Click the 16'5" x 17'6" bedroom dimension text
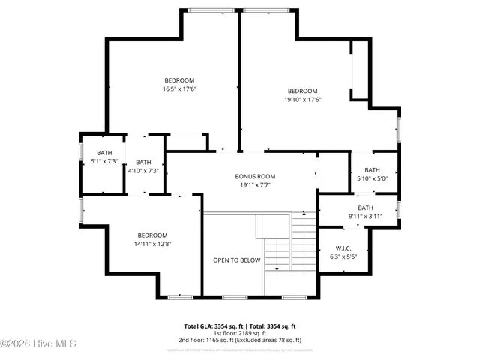coord(179,88)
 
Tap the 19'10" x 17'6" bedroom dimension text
coord(302,99)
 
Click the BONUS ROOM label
coord(255,176)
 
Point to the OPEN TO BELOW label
coord(236,259)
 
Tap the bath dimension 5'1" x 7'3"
coord(103,160)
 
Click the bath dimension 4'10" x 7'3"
coord(142,170)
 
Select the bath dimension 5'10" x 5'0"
coord(372,178)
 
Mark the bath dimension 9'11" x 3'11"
coord(365,216)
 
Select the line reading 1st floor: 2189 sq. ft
coord(240,333)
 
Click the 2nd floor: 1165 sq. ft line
coord(240,340)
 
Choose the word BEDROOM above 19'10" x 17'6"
coord(302,91)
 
